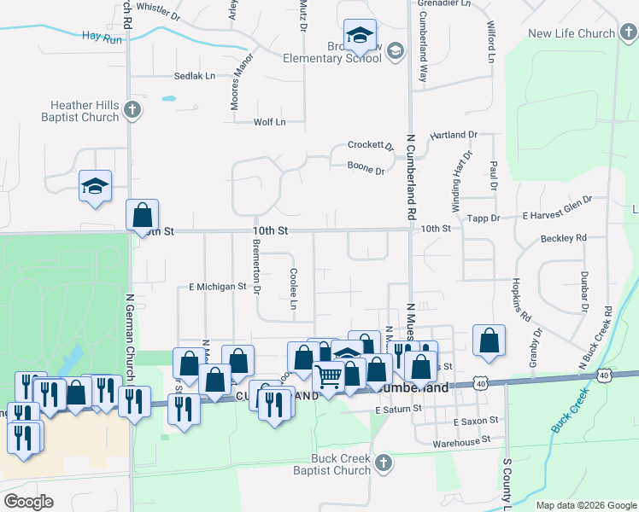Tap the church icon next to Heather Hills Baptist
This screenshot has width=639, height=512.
pos(132,109)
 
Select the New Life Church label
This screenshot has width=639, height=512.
pos(572,34)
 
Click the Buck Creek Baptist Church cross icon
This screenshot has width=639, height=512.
pos(384,463)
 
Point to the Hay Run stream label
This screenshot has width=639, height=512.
pos(102,38)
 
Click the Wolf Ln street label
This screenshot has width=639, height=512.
pos(270,122)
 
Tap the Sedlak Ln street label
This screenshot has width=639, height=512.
pos(195,76)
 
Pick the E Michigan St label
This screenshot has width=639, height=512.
pos(217,287)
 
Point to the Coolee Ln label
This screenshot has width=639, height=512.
pos(293,290)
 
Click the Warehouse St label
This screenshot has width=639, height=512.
pos(462,441)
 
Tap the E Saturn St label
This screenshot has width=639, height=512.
pos(399,410)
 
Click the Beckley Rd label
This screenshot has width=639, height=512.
pos(564,238)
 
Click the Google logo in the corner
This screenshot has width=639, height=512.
pos(30,502)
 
